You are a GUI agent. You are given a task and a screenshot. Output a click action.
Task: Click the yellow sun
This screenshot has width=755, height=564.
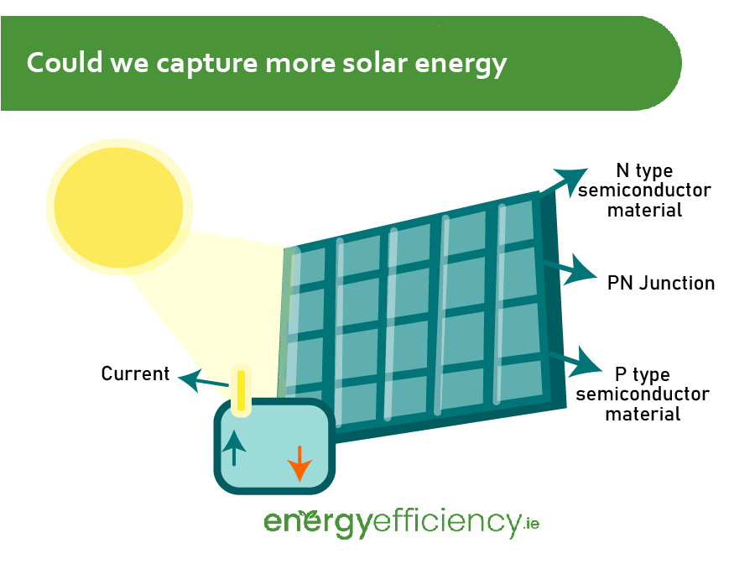click(x=119, y=207)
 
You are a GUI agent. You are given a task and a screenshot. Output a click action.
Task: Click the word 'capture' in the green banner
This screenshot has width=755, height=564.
click(x=206, y=64)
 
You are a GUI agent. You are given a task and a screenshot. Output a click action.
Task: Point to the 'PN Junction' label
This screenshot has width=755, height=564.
click(x=661, y=283)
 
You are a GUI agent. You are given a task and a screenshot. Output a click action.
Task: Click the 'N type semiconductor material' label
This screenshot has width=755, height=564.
click(x=644, y=191)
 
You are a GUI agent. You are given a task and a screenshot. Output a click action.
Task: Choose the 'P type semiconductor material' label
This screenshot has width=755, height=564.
click(x=643, y=394)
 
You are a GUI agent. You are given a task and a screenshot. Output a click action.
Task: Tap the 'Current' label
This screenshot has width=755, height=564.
click(x=135, y=373)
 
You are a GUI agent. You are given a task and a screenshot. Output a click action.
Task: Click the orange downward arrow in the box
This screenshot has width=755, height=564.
click(x=299, y=463)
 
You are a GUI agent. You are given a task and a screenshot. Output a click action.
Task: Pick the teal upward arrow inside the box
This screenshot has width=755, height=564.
click(x=234, y=448)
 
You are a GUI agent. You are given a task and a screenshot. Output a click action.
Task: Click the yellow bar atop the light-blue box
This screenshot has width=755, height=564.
click(x=242, y=390)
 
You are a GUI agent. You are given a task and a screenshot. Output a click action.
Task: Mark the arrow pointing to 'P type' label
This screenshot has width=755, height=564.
click(x=575, y=362)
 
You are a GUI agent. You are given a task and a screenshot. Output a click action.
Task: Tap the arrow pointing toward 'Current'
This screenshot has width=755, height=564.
click(x=203, y=380)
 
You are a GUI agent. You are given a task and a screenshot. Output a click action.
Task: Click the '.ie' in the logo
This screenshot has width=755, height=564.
click(x=531, y=523)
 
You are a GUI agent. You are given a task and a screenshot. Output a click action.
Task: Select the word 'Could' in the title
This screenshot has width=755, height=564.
click(x=65, y=63)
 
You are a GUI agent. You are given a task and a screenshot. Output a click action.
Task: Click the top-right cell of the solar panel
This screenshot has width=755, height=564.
click(x=518, y=222)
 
